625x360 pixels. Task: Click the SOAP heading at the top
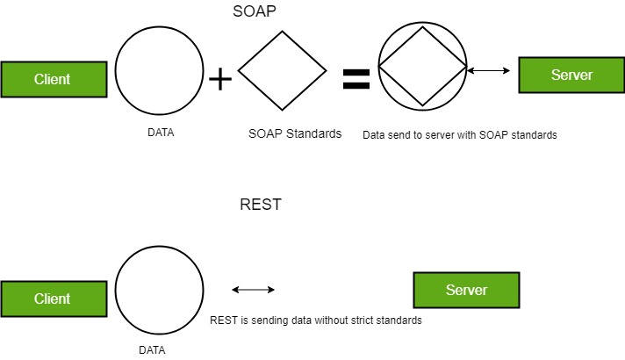[x=256, y=13]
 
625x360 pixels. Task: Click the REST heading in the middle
[x=261, y=205]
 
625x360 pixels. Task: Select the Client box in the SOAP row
[x=52, y=79]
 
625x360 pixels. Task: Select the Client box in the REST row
[x=52, y=299]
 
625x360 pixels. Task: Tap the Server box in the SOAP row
[x=571, y=75]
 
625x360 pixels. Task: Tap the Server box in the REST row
[x=466, y=290]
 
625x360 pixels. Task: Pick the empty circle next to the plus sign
[x=160, y=72]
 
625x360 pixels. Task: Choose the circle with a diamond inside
[x=422, y=66]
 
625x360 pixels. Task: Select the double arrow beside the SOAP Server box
[x=490, y=70]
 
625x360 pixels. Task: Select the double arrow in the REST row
[x=253, y=290]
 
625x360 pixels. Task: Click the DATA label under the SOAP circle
[x=161, y=133]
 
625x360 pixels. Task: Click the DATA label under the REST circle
[x=152, y=349]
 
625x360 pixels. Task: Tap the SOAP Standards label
[x=295, y=134]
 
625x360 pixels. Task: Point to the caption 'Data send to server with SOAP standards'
[x=460, y=136]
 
